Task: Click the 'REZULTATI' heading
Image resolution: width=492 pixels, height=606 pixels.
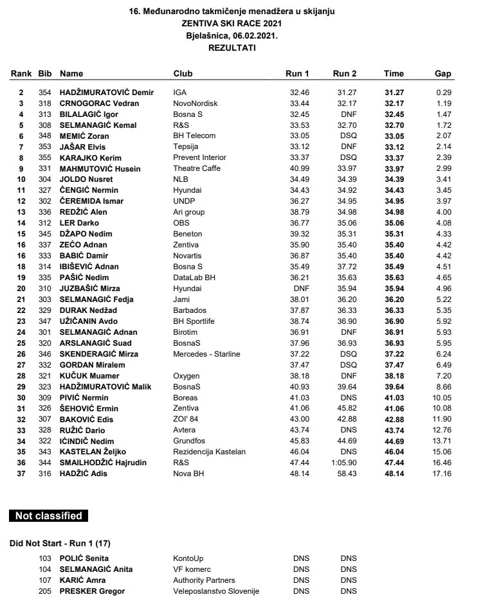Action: click(231, 48)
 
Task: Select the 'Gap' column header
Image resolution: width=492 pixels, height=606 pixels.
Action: click(443, 74)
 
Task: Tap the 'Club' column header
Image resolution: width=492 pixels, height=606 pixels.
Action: click(183, 74)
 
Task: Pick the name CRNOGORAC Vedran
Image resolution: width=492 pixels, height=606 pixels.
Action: click(99, 103)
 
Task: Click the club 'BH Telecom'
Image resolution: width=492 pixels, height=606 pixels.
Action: click(194, 136)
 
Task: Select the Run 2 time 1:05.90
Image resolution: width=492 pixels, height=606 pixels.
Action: click(344, 463)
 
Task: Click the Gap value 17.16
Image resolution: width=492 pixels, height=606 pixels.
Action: click(443, 474)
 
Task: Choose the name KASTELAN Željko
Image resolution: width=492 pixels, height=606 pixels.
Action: click(93, 452)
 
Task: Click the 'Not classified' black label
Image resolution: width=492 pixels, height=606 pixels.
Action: click(49, 516)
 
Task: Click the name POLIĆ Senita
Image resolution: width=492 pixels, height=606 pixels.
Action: click(84, 559)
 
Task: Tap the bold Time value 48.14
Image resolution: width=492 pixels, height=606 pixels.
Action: click(394, 474)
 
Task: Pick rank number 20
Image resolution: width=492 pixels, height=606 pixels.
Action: click(21, 289)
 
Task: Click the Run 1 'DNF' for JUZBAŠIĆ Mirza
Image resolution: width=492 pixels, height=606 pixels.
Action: click(301, 289)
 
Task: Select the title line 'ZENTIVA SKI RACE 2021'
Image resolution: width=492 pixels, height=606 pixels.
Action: click(231, 23)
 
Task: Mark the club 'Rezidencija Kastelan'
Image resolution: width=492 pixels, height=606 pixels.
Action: click(209, 452)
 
